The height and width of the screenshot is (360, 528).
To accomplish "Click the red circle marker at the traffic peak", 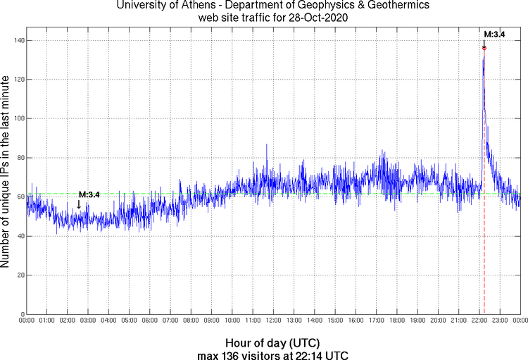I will point(484,48).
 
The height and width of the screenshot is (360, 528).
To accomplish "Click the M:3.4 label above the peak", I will point(494,34).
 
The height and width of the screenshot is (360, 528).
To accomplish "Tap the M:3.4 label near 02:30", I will point(89,194).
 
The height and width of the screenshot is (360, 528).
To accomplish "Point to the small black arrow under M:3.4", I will point(79,204).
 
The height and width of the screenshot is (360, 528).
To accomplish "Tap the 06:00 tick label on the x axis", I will point(150,321).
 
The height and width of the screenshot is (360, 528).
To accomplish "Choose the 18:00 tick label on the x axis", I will point(397,321).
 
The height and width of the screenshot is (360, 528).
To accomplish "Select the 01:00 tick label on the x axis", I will point(47,321).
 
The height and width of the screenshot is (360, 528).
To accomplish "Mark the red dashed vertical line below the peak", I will point(484,211).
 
